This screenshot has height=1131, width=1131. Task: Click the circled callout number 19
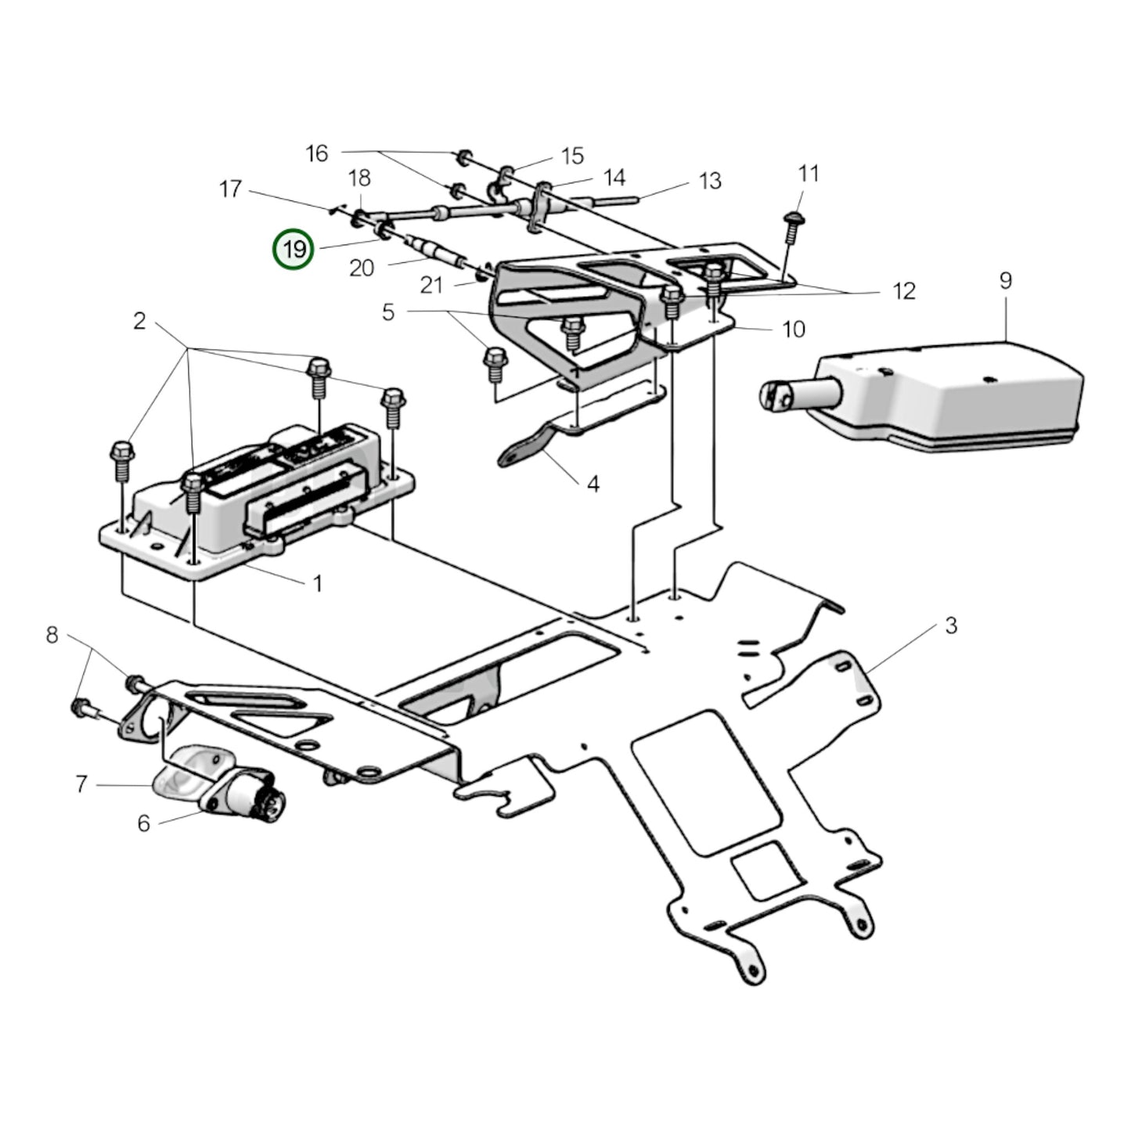pos(293,250)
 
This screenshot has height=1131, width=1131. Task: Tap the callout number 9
pos(1006,280)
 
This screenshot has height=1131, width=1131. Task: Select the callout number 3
pos(951,625)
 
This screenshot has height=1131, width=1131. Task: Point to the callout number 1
pos(317,584)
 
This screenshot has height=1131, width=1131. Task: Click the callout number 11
pos(809,173)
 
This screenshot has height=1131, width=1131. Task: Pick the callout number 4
pos(593,484)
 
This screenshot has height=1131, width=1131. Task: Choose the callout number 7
pos(81,783)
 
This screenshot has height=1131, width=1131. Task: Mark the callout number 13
pos(710,182)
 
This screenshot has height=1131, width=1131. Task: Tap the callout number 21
pos(431,286)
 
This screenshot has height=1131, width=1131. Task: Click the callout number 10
pos(794,329)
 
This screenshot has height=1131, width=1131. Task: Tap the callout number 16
pos(317,153)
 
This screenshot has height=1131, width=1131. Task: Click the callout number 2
pos(139,321)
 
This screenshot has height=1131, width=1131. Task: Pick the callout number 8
pos(52,636)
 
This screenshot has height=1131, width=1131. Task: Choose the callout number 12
pos(904,292)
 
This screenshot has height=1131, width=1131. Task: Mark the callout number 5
pos(389,313)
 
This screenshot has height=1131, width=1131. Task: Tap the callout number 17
pos(230,189)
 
